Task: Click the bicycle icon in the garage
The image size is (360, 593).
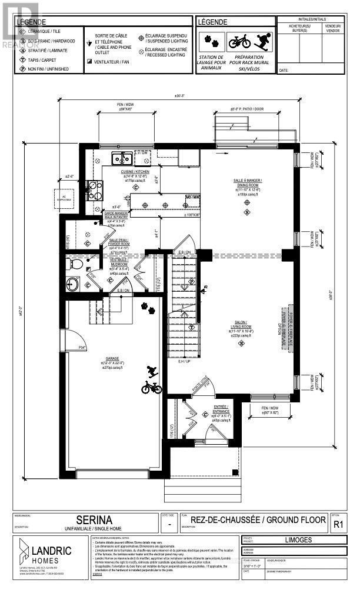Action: click(151, 388)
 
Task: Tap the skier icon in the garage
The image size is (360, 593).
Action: click(152, 372)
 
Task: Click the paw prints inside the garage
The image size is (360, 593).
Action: click(148, 307)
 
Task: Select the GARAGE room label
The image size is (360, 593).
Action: click(112, 358)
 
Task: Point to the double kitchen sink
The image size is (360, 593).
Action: click(122, 158)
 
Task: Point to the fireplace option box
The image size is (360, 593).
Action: click(290, 321)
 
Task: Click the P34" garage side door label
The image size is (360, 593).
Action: click(83, 348)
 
